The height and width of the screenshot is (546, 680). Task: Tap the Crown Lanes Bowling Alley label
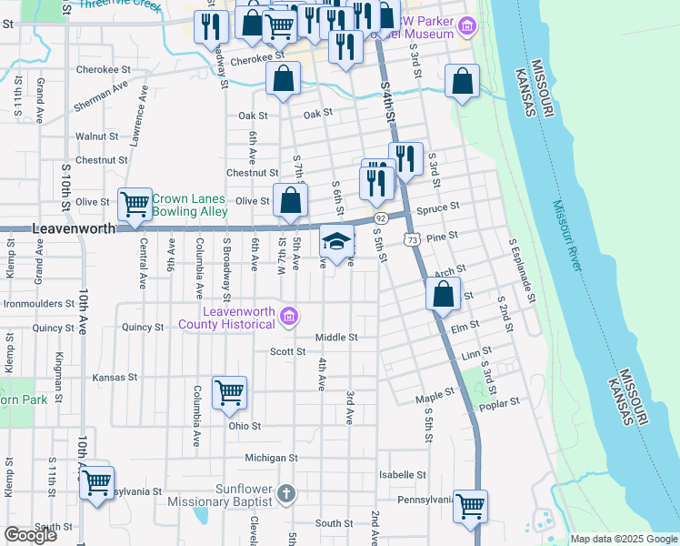(x=189, y=205)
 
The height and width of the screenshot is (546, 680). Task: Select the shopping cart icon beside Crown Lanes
(x=135, y=204)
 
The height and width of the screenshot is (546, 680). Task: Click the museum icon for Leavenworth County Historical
(x=289, y=317)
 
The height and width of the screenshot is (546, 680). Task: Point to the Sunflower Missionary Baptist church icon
(x=285, y=494)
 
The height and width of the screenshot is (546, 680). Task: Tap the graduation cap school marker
(x=336, y=243)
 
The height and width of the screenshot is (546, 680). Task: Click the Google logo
(x=31, y=535)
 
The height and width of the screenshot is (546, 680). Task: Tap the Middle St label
(x=336, y=338)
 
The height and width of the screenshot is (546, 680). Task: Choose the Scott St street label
(x=287, y=351)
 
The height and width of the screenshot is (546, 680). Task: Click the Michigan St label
(x=271, y=458)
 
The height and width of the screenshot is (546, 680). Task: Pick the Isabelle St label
(x=403, y=475)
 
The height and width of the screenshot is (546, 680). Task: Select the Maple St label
(x=435, y=397)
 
